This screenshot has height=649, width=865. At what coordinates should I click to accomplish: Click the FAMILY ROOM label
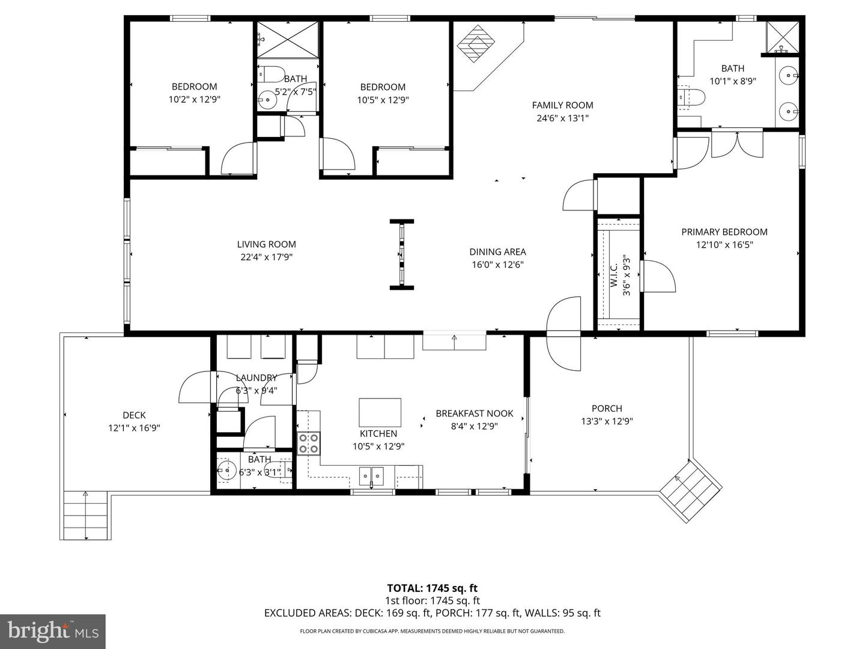[562, 105]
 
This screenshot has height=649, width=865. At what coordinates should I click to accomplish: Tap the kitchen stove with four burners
[309, 443]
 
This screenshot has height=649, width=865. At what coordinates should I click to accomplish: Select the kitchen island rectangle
[380, 412]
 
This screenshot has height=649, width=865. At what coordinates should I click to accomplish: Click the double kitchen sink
[371, 475]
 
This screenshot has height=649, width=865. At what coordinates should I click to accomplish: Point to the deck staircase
[86, 515]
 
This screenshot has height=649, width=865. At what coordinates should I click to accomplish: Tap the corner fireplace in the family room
[477, 43]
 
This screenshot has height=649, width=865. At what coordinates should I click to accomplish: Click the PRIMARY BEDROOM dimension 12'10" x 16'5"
[724, 245]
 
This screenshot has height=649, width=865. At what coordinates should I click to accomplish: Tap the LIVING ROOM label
[266, 244]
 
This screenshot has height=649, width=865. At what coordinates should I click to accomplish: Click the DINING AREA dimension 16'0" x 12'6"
[497, 264]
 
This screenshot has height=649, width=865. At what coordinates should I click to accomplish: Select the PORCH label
[607, 408]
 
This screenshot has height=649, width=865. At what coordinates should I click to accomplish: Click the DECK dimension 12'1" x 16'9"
[134, 428]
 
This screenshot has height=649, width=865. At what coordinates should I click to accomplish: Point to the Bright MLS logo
[53, 631]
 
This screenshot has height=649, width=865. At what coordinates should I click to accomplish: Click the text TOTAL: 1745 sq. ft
[432, 588]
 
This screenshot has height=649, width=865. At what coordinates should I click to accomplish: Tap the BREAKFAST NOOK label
[474, 413]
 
